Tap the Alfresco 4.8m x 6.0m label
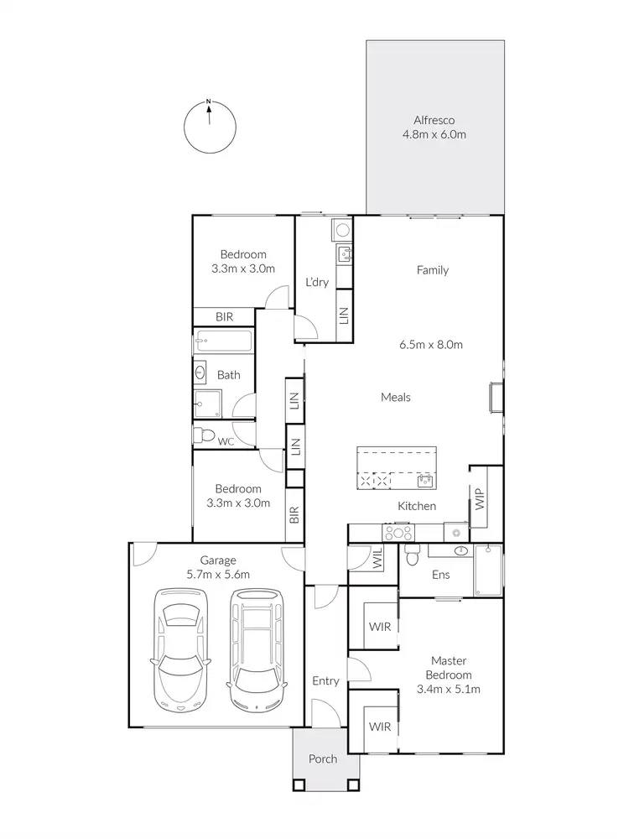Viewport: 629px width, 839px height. point(434,127)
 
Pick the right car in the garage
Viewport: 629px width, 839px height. point(257,649)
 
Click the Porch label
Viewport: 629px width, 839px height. point(323,759)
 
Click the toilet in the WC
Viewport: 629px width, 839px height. point(200,435)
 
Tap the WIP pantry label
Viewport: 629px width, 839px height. point(480,501)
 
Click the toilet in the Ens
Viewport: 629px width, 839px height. point(411,555)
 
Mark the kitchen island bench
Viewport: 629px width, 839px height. point(397,467)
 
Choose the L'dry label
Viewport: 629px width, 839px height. point(317,282)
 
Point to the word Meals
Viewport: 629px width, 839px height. point(395,397)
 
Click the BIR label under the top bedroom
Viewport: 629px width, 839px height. point(224,316)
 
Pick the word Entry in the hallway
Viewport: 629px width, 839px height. point(325,681)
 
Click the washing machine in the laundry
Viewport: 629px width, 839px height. point(343,228)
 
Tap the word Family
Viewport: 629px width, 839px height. point(433,270)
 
